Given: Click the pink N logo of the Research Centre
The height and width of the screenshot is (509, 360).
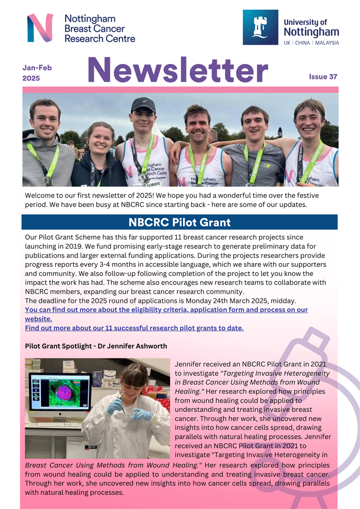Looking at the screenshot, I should coord(40,27).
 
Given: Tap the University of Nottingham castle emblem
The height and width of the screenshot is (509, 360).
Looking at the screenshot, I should coord(261,27).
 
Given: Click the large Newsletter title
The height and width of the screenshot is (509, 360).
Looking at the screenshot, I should coord(178,70).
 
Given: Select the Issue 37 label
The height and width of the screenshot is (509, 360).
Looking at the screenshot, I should coord(323,77).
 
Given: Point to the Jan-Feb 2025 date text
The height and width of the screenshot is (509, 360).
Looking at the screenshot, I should coord(37,73).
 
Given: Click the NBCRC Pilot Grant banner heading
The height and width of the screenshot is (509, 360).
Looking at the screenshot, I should coord(179,223).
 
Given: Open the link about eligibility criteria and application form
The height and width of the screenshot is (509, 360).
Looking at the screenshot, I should coord(166,310).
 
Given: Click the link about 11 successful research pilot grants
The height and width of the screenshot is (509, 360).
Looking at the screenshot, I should coord(134,328).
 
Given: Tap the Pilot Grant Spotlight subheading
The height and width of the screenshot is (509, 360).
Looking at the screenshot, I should coord(96,346).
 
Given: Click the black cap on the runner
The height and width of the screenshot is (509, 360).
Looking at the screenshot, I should coord(143,104).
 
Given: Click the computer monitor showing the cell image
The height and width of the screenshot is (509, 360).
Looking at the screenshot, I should coord(60,392).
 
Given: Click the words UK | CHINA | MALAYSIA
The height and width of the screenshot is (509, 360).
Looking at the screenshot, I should coord(311,43).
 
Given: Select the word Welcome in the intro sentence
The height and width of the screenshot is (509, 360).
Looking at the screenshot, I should coord(41,196).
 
